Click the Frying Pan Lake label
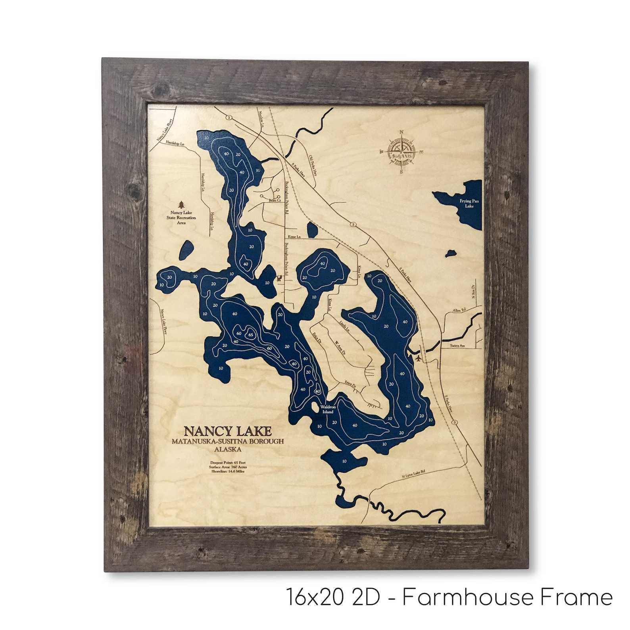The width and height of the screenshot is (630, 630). click(469, 204)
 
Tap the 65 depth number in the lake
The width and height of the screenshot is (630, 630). click(250, 334)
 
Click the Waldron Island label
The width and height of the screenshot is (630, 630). click(328, 409)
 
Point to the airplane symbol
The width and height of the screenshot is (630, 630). click(419, 358)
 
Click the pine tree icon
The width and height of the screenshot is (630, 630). click(182, 205)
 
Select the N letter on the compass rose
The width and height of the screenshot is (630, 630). click(401, 133)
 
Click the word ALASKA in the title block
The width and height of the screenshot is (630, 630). click(228, 449)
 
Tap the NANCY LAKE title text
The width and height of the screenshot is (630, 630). click(228, 431)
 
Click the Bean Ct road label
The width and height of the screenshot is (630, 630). click(275, 201)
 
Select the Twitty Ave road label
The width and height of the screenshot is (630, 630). click(457, 346)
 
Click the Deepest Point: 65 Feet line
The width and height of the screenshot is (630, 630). click(228, 463)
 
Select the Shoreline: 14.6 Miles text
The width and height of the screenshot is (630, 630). click(228, 471)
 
